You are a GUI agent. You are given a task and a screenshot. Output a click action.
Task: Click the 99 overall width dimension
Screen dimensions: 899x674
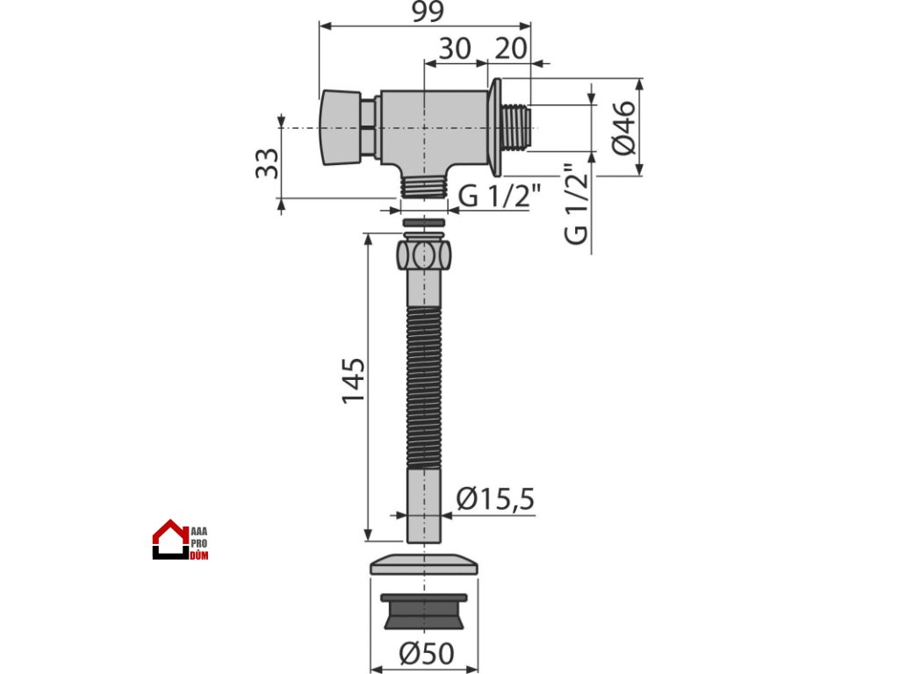coord(428,11)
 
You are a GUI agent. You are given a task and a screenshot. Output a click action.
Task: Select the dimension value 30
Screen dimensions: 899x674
coord(455,49)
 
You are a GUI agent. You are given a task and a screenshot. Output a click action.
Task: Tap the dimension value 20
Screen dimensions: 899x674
coord(510,49)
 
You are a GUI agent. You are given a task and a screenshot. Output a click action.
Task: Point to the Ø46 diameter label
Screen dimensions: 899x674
coord(624,128)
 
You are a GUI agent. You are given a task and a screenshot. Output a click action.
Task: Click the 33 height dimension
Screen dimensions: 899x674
coord(267,163)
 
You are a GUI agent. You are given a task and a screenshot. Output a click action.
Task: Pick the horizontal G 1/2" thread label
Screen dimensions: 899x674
coord(500,196)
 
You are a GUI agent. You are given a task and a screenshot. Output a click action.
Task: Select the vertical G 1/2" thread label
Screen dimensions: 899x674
coord(577,204)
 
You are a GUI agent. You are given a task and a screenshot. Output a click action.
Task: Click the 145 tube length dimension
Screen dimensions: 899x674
coord(353,381)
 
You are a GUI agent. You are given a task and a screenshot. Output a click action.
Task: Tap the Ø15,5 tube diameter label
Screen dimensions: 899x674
coord(495,498)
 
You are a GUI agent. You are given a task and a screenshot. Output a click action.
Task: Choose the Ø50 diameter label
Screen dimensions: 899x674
coord(427,653)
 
